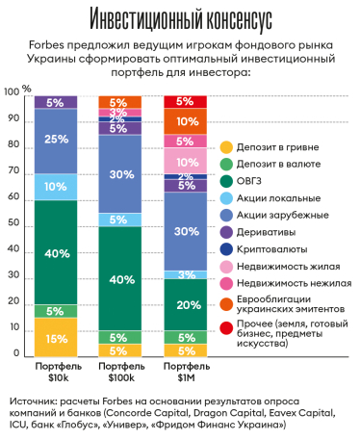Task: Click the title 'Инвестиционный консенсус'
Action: click(179, 20)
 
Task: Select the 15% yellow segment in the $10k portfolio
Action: click(56, 337)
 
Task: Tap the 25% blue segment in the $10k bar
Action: click(56, 141)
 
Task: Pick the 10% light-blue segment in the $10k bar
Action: click(56, 186)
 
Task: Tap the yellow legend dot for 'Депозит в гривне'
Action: click(226, 146)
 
